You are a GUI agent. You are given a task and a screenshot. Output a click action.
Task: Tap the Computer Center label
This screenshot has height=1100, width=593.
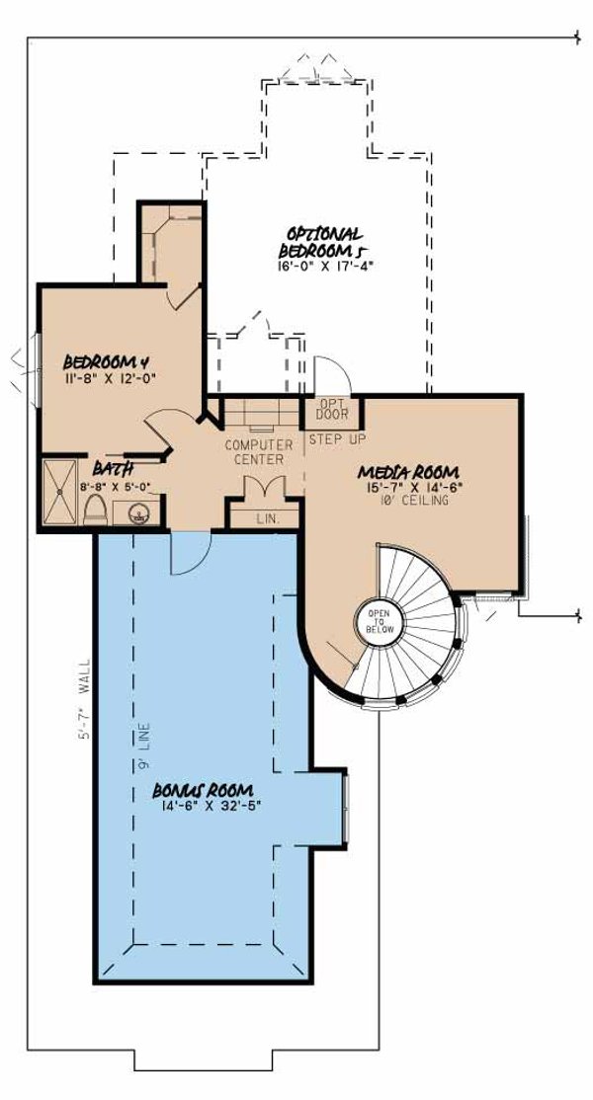coord(254,452)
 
